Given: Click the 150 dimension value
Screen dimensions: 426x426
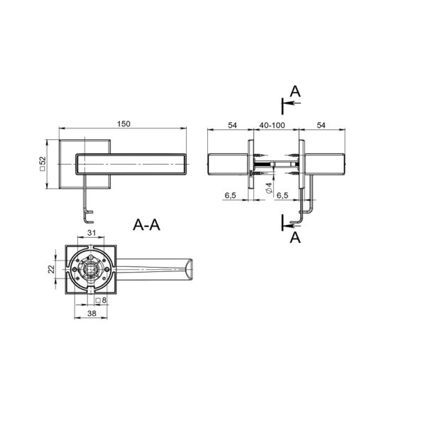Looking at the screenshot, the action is (x=124, y=124).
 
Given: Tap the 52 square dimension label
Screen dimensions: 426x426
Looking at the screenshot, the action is (x=43, y=164).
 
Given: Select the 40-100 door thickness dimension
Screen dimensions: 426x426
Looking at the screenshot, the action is (x=272, y=125).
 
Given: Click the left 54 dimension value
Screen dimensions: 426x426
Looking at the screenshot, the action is (x=232, y=125).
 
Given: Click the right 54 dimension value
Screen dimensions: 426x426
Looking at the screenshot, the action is (x=321, y=125).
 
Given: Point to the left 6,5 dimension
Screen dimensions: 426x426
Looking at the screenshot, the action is (x=230, y=195).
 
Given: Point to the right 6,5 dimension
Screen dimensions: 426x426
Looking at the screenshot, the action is (x=282, y=195).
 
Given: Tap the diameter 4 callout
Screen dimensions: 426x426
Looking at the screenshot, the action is (x=269, y=188).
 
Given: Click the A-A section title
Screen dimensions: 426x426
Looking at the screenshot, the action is (x=146, y=225).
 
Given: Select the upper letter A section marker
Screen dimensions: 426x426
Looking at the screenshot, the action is (x=295, y=92).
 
